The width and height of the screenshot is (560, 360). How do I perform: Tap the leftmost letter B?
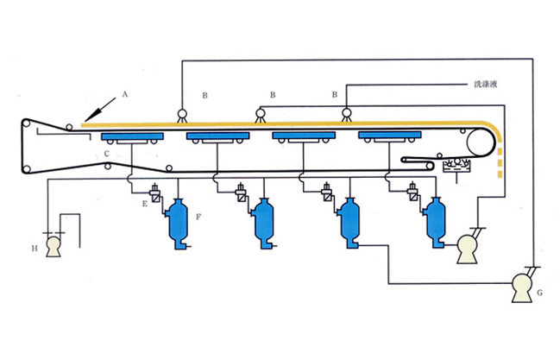(x=204, y=92)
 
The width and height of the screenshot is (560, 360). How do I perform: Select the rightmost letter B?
(x=334, y=92)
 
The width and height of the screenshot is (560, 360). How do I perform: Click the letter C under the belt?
(x=106, y=154)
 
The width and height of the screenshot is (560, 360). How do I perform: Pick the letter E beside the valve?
(x=144, y=204)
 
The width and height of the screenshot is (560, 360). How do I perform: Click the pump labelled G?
(x=522, y=286)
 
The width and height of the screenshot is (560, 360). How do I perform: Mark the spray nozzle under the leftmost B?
(x=182, y=113)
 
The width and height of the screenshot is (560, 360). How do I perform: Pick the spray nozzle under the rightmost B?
(x=347, y=113)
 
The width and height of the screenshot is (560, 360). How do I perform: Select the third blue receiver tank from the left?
(x=350, y=224)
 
